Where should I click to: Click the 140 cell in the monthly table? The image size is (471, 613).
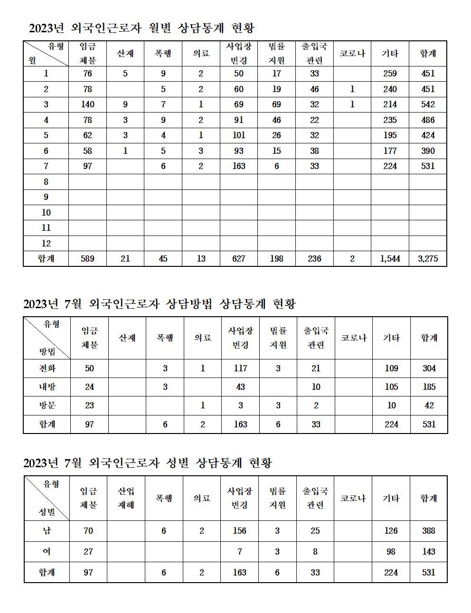click(88, 104)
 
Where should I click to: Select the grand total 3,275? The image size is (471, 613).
click(428, 259)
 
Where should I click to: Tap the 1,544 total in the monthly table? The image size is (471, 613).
click(390, 259)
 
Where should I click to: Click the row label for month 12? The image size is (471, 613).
click(46, 243)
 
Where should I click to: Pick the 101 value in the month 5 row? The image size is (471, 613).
click(239, 135)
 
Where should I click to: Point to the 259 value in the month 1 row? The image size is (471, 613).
click(390, 74)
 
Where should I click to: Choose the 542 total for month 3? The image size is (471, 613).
click(428, 104)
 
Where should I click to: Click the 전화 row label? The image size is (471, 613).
click(47, 368)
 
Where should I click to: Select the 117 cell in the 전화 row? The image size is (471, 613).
click(240, 368)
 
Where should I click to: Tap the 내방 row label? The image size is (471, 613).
click(47, 387)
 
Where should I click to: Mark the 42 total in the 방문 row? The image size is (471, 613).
click(429, 406)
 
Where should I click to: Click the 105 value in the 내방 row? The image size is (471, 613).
click(391, 387)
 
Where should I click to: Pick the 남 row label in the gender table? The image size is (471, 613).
click(47, 531)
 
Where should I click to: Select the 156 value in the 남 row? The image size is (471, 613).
click(239, 531)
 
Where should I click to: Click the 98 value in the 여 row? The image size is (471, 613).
click(391, 552)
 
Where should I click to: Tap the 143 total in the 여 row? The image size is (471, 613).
click(428, 552)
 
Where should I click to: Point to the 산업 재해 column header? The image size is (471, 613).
click(126, 498)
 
